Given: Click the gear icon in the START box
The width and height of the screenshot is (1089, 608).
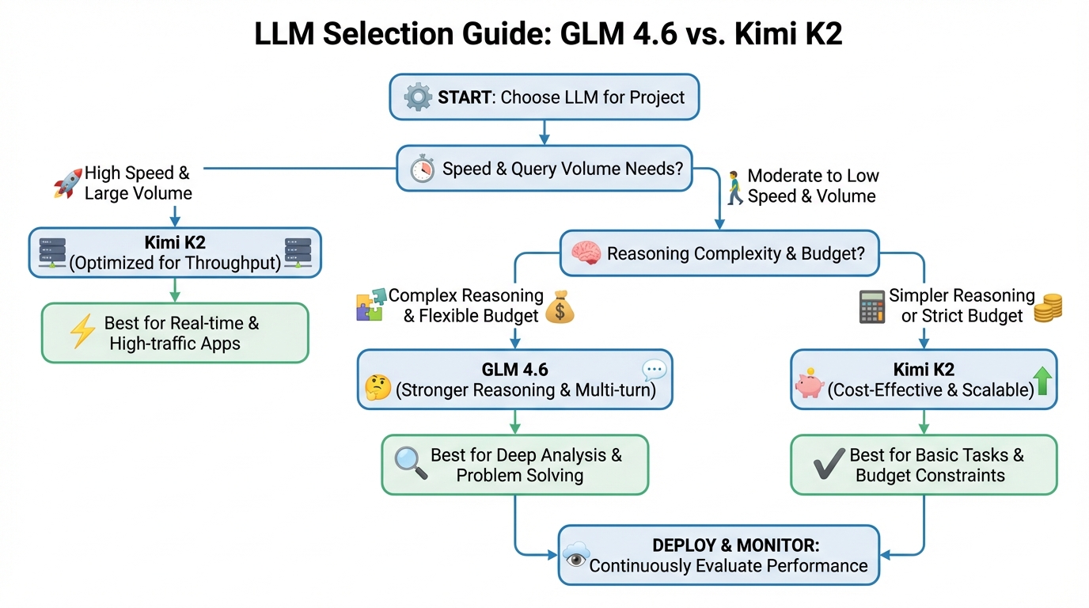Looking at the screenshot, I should coord(418,98).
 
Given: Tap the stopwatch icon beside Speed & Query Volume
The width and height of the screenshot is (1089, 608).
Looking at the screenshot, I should coord(422,169).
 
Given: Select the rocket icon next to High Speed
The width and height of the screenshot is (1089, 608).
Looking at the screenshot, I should coord(68,184).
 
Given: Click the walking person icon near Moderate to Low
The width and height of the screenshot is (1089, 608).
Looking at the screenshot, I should coord(734,185).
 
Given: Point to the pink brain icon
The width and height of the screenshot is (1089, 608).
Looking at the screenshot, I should coord(586,254).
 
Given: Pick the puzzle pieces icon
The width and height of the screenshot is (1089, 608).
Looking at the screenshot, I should coord(370,305).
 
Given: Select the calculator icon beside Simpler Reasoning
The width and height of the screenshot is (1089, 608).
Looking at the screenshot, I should coord(871,306).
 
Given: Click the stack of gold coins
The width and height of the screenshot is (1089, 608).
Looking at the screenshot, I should coord(1048,306).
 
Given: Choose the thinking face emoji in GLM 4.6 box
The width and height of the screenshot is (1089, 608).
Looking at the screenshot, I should coord(378,388).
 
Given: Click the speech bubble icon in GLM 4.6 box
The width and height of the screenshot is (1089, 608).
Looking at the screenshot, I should coord(655,370).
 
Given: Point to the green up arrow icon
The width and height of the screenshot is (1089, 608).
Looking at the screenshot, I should coord(1042,382).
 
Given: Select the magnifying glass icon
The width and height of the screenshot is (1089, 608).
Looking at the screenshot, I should coord(410,464).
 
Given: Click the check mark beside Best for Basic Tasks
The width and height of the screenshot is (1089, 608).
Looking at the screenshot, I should coord(829,465).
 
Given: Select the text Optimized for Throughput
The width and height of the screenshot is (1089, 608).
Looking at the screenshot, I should coord(175,263).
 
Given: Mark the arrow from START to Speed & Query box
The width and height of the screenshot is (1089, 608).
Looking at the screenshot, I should coord(543,131).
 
